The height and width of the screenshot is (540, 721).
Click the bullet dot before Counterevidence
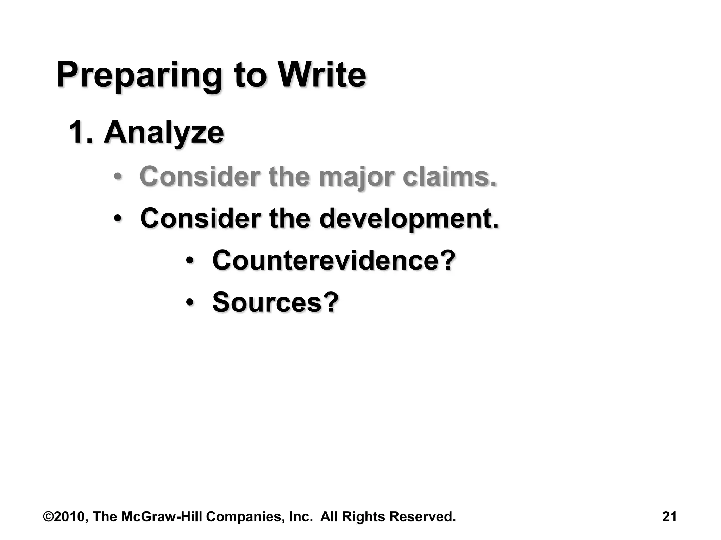(190, 261)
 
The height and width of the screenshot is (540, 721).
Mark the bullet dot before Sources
(190, 302)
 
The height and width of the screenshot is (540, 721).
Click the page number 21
(669, 517)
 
